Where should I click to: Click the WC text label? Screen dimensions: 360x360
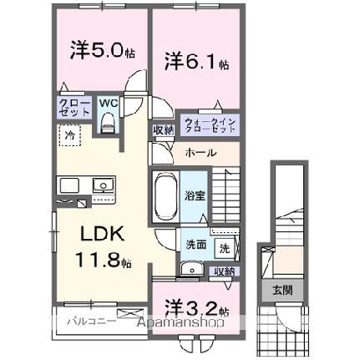pyautogui.click(x=109, y=104)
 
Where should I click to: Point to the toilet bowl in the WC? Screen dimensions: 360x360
pyautogui.click(x=107, y=123)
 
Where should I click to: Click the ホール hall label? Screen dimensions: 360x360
pyautogui.click(x=201, y=153)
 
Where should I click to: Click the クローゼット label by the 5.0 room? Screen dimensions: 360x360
pyautogui.click(x=69, y=107)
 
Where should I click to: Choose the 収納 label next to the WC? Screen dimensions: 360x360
pyautogui.click(x=162, y=129)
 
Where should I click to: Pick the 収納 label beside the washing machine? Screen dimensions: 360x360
pyautogui.click(x=224, y=271)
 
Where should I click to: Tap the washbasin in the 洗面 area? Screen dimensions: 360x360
pyautogui.click(x=190, y=268)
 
